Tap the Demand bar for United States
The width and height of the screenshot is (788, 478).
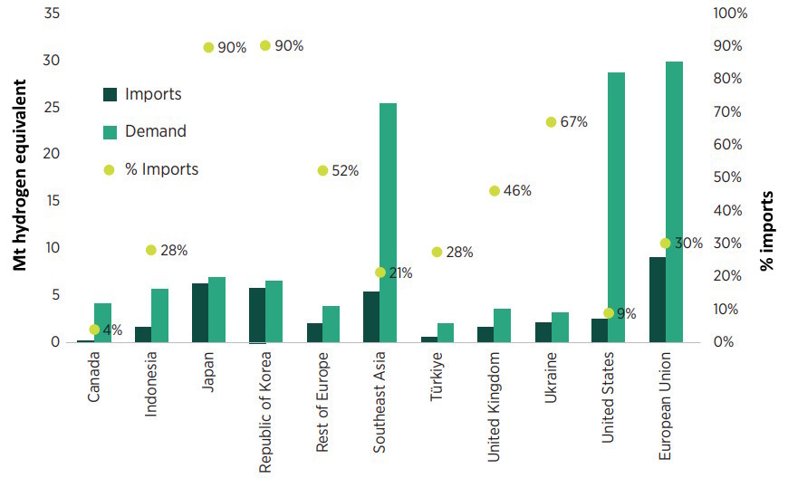(x=616, y=207)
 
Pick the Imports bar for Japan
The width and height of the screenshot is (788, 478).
(x=199, y=312)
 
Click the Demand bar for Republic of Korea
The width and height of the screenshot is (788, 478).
(x=274, y=311)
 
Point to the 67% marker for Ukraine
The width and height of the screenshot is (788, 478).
(x=550, y=122)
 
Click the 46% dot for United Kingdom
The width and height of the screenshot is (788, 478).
(x=494, y=191)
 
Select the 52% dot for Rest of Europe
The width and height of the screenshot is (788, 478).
(x=322, y=170)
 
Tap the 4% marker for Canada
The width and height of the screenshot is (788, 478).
(x=94, y=330)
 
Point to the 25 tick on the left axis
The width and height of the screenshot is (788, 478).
(x=52, y=107)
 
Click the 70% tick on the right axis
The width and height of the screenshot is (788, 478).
(x=730, y=111)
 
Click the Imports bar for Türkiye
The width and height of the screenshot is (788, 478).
(x=428, y=339)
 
